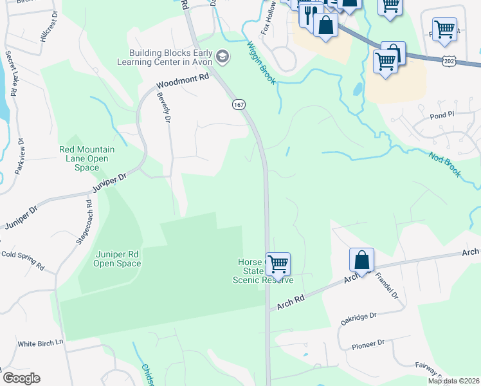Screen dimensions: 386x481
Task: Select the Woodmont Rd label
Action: click(x=183, y=80)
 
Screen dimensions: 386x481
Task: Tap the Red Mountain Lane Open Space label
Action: click(x=87, y=158)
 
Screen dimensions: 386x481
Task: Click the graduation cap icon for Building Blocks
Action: click(x=223, y=57)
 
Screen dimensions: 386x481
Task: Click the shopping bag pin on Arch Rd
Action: click(x=362, y=260)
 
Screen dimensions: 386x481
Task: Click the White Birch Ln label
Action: click(x=40, y=344)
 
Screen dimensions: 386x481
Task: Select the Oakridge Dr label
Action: click(x=358, y=319)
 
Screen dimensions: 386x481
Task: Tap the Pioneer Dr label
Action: click(x=368, y=344)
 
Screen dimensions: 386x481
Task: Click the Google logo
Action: click(x=22, y=378)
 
